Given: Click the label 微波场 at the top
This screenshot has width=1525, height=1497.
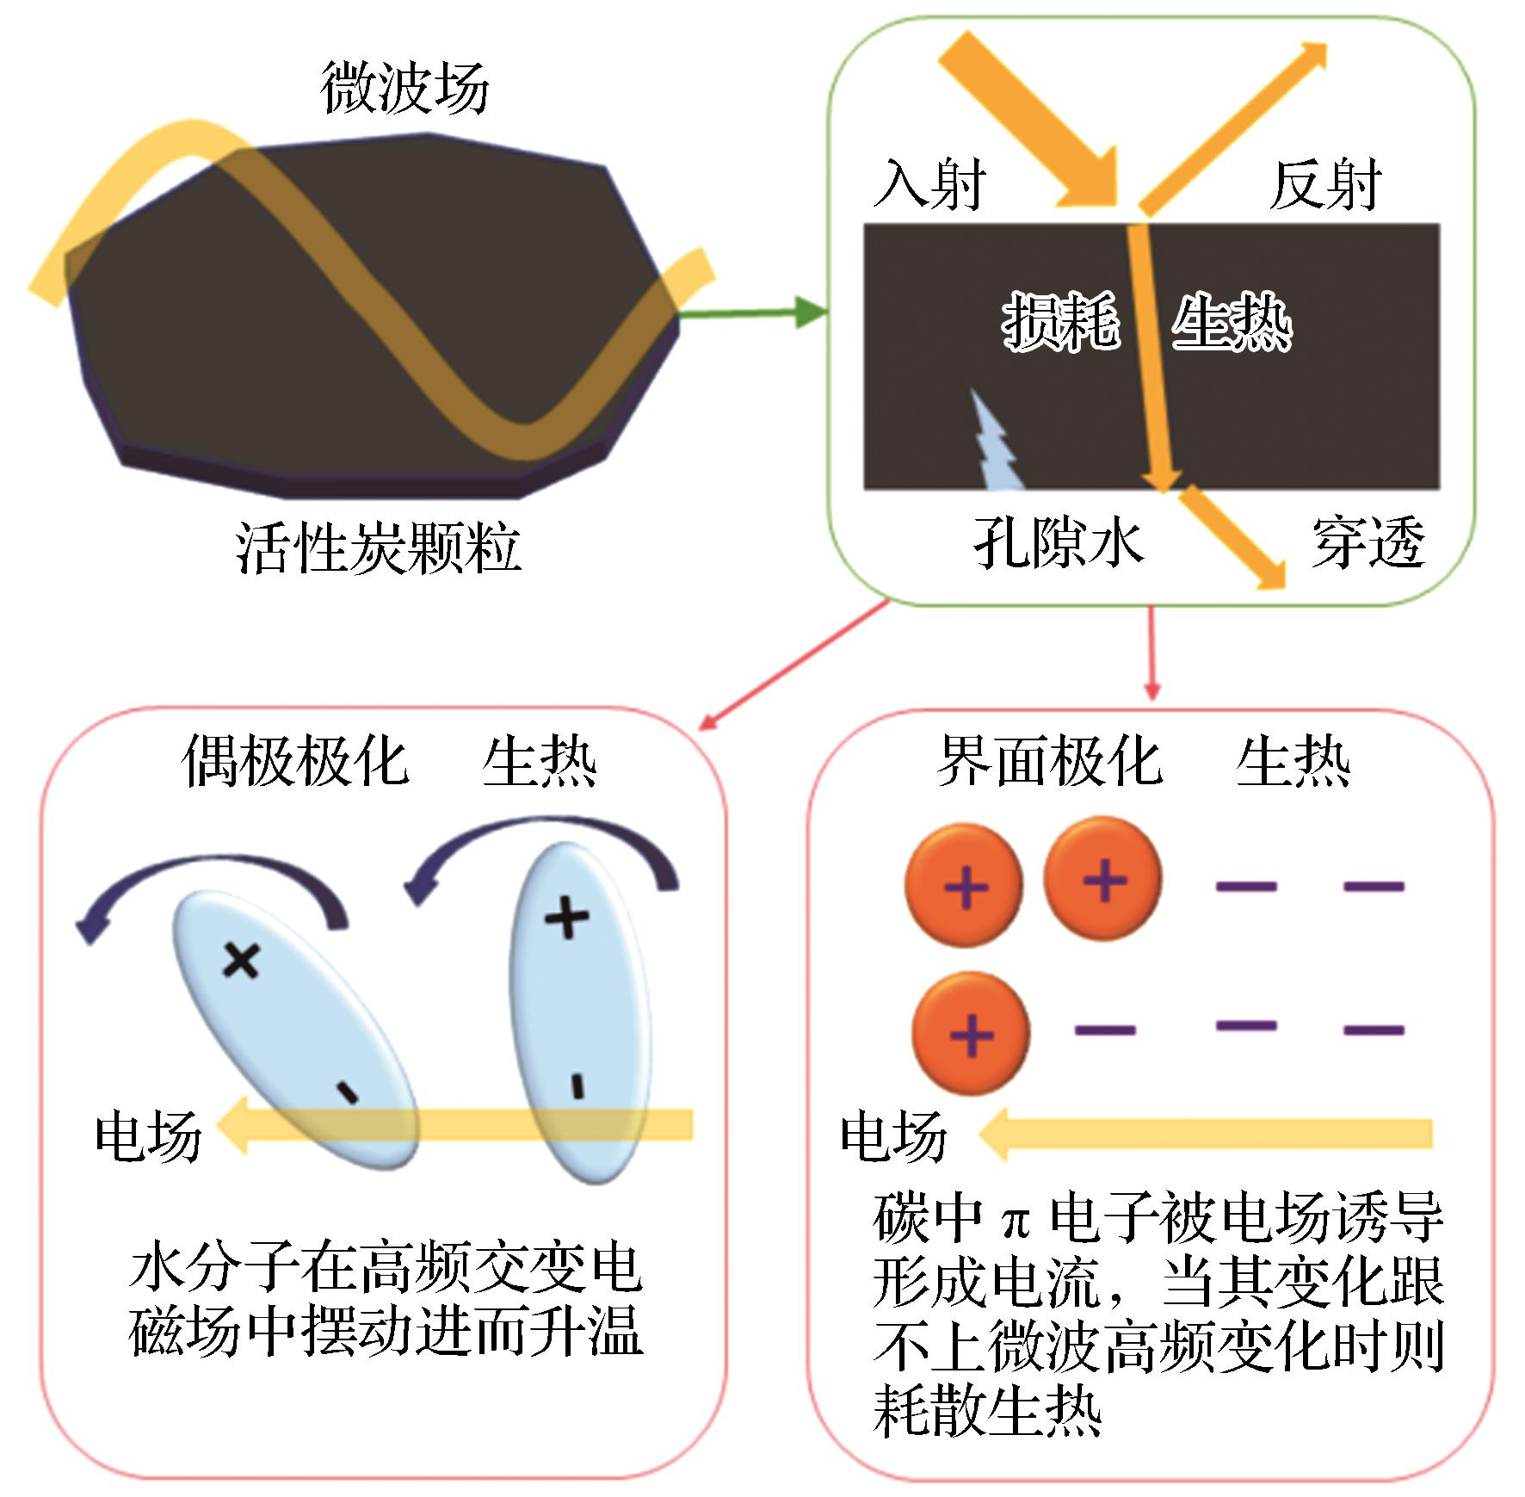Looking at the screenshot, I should pyautogui.click(x=404, y=89).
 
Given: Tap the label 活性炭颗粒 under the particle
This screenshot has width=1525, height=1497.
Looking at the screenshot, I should pyautogui.click(x=379, y=548).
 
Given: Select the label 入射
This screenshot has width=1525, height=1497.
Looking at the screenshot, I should pyautogui.click(x=929, y=184).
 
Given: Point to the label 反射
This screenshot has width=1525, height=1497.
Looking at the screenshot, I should pyautogui.click(x=1325, y=184).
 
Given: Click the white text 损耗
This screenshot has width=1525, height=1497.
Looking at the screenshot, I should pyautogui.click(x=1061, y=322).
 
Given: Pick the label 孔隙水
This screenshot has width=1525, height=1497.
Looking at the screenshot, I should pyautogui.click(x=1059, y=543).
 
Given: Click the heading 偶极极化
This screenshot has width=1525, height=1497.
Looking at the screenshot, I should pyautogui.click(x=295, y=762).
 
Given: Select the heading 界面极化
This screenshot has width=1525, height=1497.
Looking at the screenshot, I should pyautogui.click(x=1049, y=762).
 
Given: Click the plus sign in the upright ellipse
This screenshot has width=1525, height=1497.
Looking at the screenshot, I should pyautogui.click(x=568, y=917).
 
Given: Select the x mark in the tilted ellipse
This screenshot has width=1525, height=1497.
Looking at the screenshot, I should pyautogui.click(x=241, y=960).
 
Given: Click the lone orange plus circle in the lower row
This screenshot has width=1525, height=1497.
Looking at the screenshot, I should pyautogui.click(x=971, y=1034).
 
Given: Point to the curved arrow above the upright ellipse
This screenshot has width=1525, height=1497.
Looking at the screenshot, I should pyautogui.click(x=542, y=852).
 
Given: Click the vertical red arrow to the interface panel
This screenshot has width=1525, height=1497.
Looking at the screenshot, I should pyautogui.click(x=1152, y=654).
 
